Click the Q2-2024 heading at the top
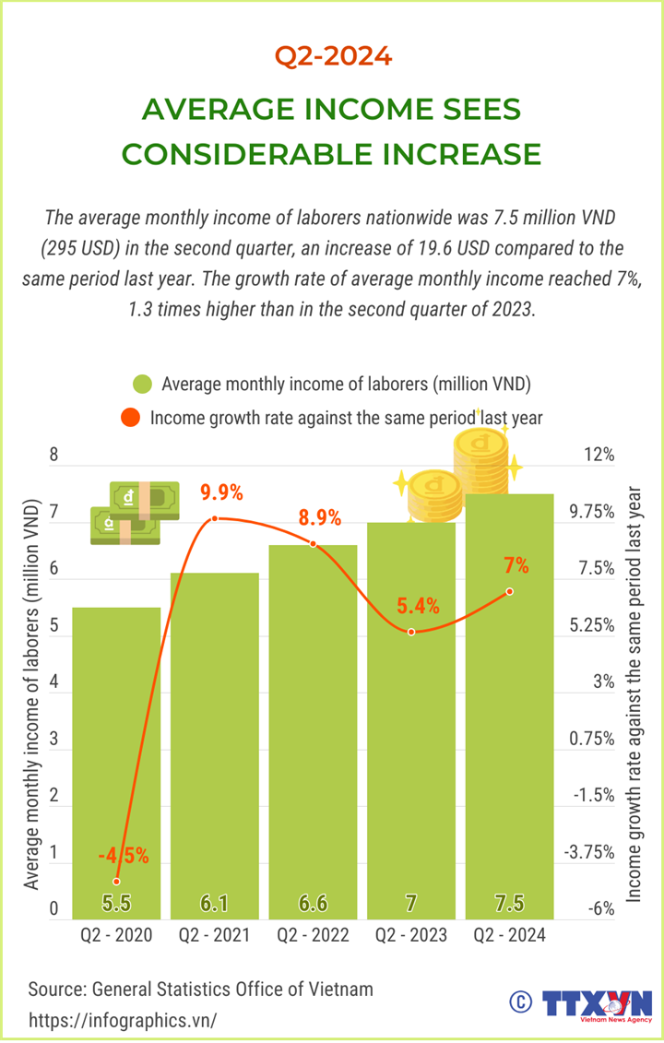tap(333, 57)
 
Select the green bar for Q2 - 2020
tap(116, 756)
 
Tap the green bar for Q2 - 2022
tap(313, 729)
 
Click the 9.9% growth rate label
tap(222, 493)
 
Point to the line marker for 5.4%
tap(411, 632)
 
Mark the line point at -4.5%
tap(116, 882)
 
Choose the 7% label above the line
tap(516, 564)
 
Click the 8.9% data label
tap(320, 517)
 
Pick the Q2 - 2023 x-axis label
tap(411, 936)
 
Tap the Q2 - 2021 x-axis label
tap(214, 936)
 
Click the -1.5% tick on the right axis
tap(594, 795)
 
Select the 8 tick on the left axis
tap(53, 455)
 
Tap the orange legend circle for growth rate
tap(131, 418)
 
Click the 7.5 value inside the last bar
tap(510, 903)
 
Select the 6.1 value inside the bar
tap(215, 903)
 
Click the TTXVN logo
tap(597, 1004)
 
